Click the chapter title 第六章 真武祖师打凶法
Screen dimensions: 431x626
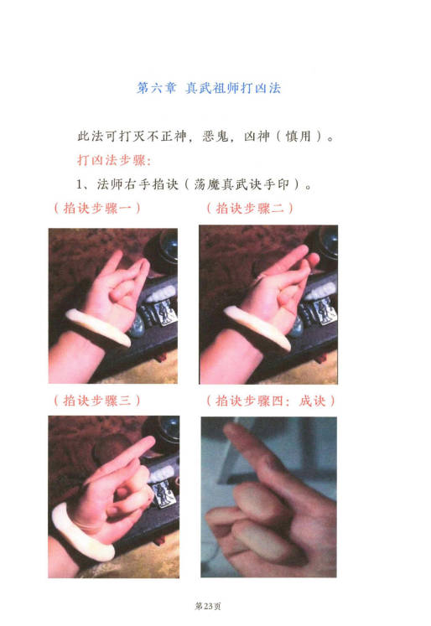pos(209,88)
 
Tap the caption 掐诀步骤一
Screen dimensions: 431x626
pos(97,208)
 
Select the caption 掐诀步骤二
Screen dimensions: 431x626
pos(250,208)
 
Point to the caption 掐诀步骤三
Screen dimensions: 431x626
pos(97,401)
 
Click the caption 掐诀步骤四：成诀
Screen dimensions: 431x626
pos(271,401)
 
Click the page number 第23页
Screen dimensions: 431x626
pos(208,607)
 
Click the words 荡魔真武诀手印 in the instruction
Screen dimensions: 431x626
pos(241,184)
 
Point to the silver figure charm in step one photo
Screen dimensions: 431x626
pos(164,312)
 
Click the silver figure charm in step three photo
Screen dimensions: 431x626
pos(164,494)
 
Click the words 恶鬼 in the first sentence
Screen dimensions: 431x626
pos(215,137)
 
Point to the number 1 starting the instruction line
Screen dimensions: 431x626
pos(80,185)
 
